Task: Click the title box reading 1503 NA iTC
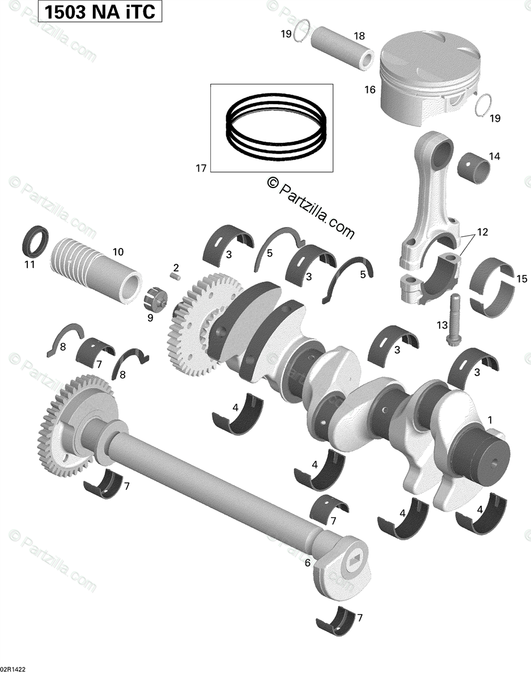coord(100,11)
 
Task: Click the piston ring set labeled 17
coord(275,128)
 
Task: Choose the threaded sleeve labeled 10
coord(96,269)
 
